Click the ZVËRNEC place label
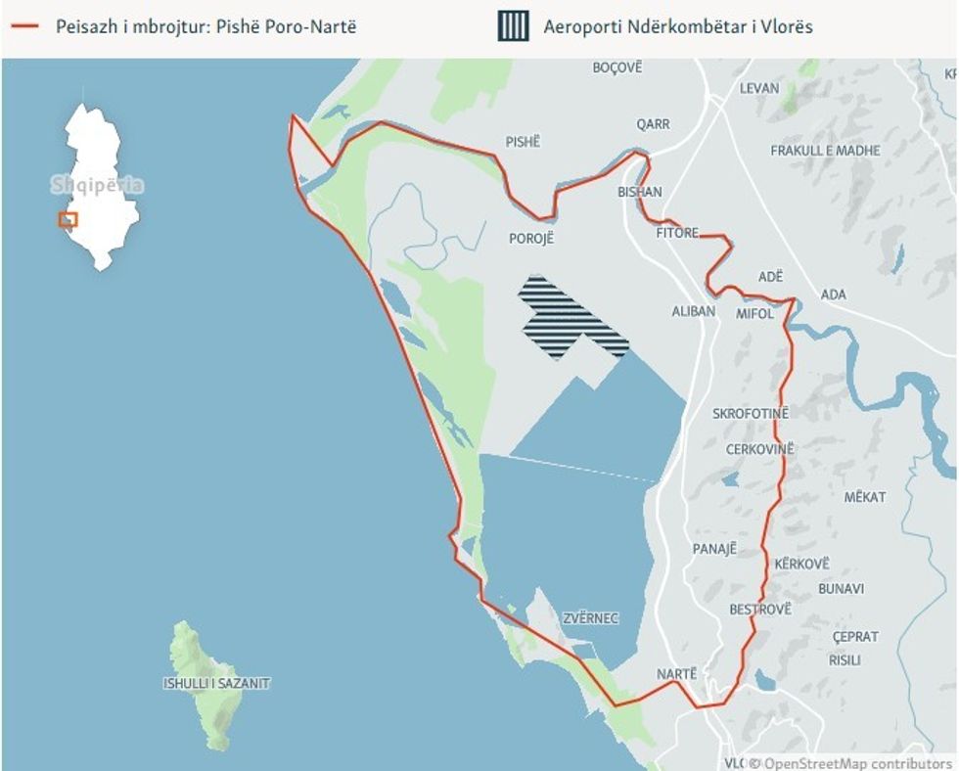[591, 618]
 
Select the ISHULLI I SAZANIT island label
[216, 684]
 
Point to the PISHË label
[523, 142]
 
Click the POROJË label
[531, 238]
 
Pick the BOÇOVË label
[617, 68]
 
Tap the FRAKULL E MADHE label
[825, 151]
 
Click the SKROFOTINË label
[751, 414]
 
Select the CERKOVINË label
[758, 449]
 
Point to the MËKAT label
[864, 497]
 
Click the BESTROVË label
[760, 610]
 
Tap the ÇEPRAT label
[855, 637]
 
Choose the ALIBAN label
[694, 311]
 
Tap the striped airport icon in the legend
[513, 27]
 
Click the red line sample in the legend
[23, 27]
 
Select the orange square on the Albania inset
[68, 219]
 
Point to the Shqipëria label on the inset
[97, 185]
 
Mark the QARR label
[653, 124]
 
